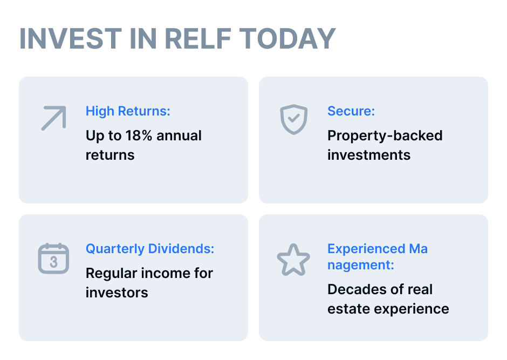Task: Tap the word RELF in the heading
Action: (198, 38)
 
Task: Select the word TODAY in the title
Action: (287, 38)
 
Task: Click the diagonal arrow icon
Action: (54, 118)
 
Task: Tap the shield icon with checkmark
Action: (293, 119)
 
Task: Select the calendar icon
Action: (54, 259)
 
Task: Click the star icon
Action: (293, 260)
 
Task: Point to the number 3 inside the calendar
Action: (54, 262)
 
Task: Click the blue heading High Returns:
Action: (128, 111)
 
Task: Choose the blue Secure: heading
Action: (351, 111)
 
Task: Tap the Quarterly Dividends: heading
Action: (150, 249)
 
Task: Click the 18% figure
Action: (139, 135)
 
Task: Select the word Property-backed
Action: (385, 136)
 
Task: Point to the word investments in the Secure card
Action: (369, 155)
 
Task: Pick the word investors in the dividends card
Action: (117, 293)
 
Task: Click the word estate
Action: (348, 309)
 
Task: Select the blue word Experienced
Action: (366, 249)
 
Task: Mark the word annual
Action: (179, 135)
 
